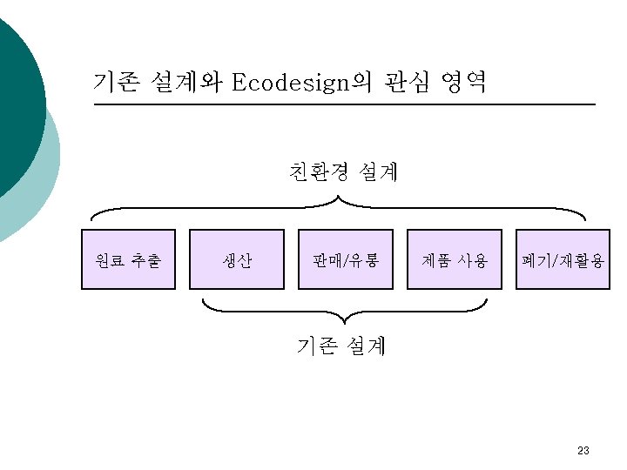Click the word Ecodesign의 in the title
[x=301, y=84]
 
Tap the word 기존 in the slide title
[x=114, y=84]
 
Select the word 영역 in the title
[x=463, y=84]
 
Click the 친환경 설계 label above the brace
[x=343, y=172]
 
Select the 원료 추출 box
[x=129, y=259]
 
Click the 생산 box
[x=237, y=259]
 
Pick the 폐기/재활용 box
[x=563, y=259]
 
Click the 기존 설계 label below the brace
[x=340, y=346]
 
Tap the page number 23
[x=583, y=451]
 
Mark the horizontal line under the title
[x=344, y=105]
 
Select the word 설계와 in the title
[x=180, y=84]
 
